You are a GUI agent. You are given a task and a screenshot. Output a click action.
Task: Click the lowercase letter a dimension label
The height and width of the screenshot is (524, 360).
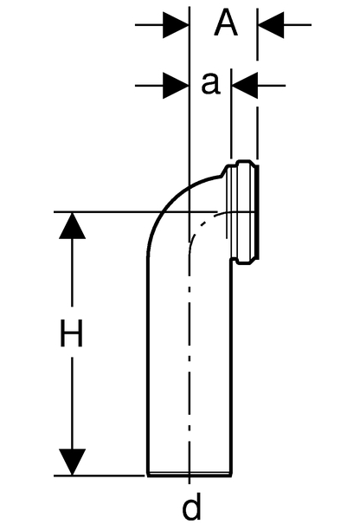coord(211,83)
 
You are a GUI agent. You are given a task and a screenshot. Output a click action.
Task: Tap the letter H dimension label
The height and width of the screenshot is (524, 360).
coord(71,333)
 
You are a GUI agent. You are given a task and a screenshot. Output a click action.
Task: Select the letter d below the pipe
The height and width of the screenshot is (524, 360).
coord(192,507)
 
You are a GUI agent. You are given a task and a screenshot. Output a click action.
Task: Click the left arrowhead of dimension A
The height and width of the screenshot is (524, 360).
coord(176,25)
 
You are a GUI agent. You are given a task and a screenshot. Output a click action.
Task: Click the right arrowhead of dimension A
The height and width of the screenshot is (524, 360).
coord(271,25)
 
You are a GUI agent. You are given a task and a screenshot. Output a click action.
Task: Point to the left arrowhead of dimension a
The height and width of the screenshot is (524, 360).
coord(176,86)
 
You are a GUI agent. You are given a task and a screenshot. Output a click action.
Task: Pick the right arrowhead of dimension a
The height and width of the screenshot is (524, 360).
coord(245,86)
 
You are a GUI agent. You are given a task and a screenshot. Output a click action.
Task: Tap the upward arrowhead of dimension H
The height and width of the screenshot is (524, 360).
coord(72,225)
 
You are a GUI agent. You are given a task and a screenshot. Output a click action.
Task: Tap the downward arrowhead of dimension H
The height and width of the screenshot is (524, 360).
coord(72,462)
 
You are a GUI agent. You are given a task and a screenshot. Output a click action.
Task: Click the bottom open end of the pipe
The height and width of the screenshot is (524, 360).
coord(190,475)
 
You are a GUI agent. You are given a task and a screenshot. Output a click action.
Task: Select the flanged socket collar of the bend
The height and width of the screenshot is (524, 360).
coord(241,212)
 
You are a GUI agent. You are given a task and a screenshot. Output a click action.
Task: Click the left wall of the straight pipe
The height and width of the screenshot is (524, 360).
coord(148,366)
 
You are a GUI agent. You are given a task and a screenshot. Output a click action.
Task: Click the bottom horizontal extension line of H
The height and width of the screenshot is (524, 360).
coord(100,475)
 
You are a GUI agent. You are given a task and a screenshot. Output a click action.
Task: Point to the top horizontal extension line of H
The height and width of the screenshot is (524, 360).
coord(135,212)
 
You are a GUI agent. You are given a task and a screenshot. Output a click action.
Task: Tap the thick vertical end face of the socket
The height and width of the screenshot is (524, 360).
coord(259,212)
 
